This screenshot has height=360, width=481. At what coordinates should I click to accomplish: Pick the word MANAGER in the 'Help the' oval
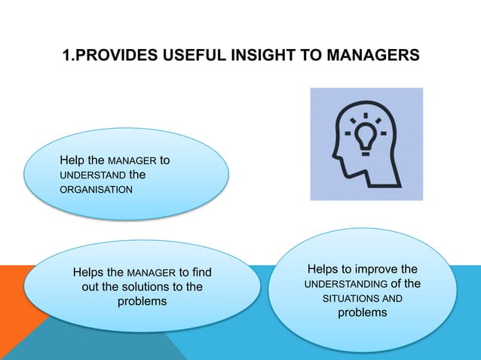133,160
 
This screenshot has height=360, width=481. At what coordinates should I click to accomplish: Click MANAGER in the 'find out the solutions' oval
151,272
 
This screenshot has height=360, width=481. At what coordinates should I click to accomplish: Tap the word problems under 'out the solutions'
142,301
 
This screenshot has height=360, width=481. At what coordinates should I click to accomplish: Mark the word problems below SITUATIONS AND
362,313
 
